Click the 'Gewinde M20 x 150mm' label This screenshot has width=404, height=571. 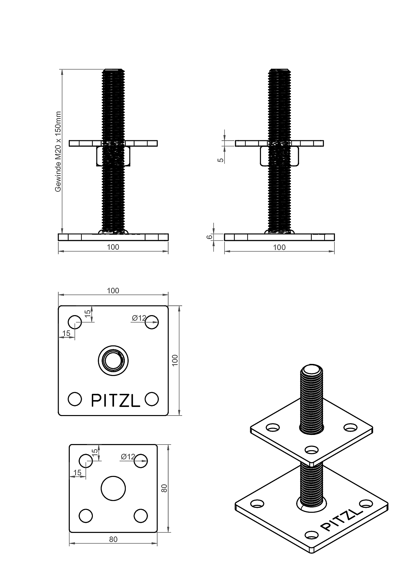click(58, 152)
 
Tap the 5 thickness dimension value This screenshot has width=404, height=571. click(221, 160)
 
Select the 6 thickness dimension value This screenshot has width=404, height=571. click(210, 237)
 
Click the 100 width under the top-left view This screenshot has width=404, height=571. click(113, 247)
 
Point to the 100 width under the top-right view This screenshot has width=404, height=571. click(279, 247)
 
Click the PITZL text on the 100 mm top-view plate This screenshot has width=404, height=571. click(116, 400)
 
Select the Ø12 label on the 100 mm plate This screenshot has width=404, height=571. click(139, 318)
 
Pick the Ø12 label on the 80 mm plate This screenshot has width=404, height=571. click(128, 457)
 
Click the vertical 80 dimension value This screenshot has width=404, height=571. click(165, 488)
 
